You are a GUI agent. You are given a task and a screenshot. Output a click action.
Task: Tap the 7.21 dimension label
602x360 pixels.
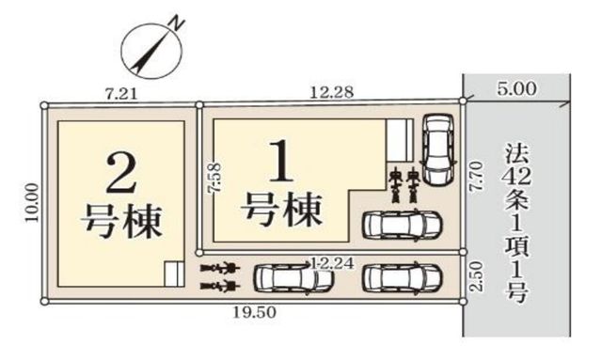pos(121,94)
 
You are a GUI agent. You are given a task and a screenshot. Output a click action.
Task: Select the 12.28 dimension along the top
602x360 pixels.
pos(331,92)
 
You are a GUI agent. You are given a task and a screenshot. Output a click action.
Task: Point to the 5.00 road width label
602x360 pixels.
pos(516,89)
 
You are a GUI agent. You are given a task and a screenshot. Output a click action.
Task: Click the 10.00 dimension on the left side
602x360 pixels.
pos(32,202)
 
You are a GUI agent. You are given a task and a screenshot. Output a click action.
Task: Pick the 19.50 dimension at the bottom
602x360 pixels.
pos(255,312)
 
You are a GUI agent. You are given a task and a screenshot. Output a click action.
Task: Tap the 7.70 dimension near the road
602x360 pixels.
pos(476,177)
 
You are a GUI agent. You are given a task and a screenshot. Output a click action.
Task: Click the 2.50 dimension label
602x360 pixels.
pos(476,276)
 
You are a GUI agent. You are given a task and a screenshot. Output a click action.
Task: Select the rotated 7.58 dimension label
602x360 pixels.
pos(215,178)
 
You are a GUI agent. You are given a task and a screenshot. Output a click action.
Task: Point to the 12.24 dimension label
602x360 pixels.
pos(332,263)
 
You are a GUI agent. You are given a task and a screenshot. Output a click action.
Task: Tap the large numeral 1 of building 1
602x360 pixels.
pos(282,162)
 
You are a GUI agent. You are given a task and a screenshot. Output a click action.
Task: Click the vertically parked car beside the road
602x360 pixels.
pos(438,149)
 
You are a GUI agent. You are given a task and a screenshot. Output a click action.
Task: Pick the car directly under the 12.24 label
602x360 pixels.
pos(293,277)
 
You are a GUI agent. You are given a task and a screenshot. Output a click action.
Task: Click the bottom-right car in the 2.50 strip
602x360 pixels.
pos(403,277)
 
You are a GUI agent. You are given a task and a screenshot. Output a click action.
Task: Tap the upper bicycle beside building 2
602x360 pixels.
pos(220,268)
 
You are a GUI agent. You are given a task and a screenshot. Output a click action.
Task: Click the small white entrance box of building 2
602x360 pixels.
pos(175,274)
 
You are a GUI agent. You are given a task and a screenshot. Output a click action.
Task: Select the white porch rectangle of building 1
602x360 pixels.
pos(399,140)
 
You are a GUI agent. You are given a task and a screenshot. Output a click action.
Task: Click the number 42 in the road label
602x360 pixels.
pos(517,177)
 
